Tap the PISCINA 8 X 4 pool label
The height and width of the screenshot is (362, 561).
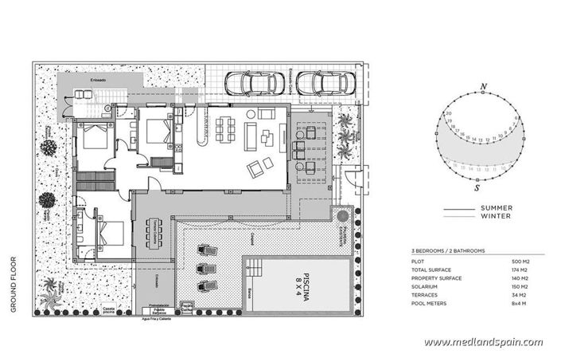[300, 282]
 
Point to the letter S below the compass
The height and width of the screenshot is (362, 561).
[476, 190]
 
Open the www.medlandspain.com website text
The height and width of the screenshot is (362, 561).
[483, 343]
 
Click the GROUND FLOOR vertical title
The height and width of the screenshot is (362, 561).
[14, 283]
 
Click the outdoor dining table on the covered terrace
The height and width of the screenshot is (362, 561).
[153, 233]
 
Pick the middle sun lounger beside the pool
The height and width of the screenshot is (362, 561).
[206, 267]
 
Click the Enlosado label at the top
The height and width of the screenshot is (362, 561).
[99, 80]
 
